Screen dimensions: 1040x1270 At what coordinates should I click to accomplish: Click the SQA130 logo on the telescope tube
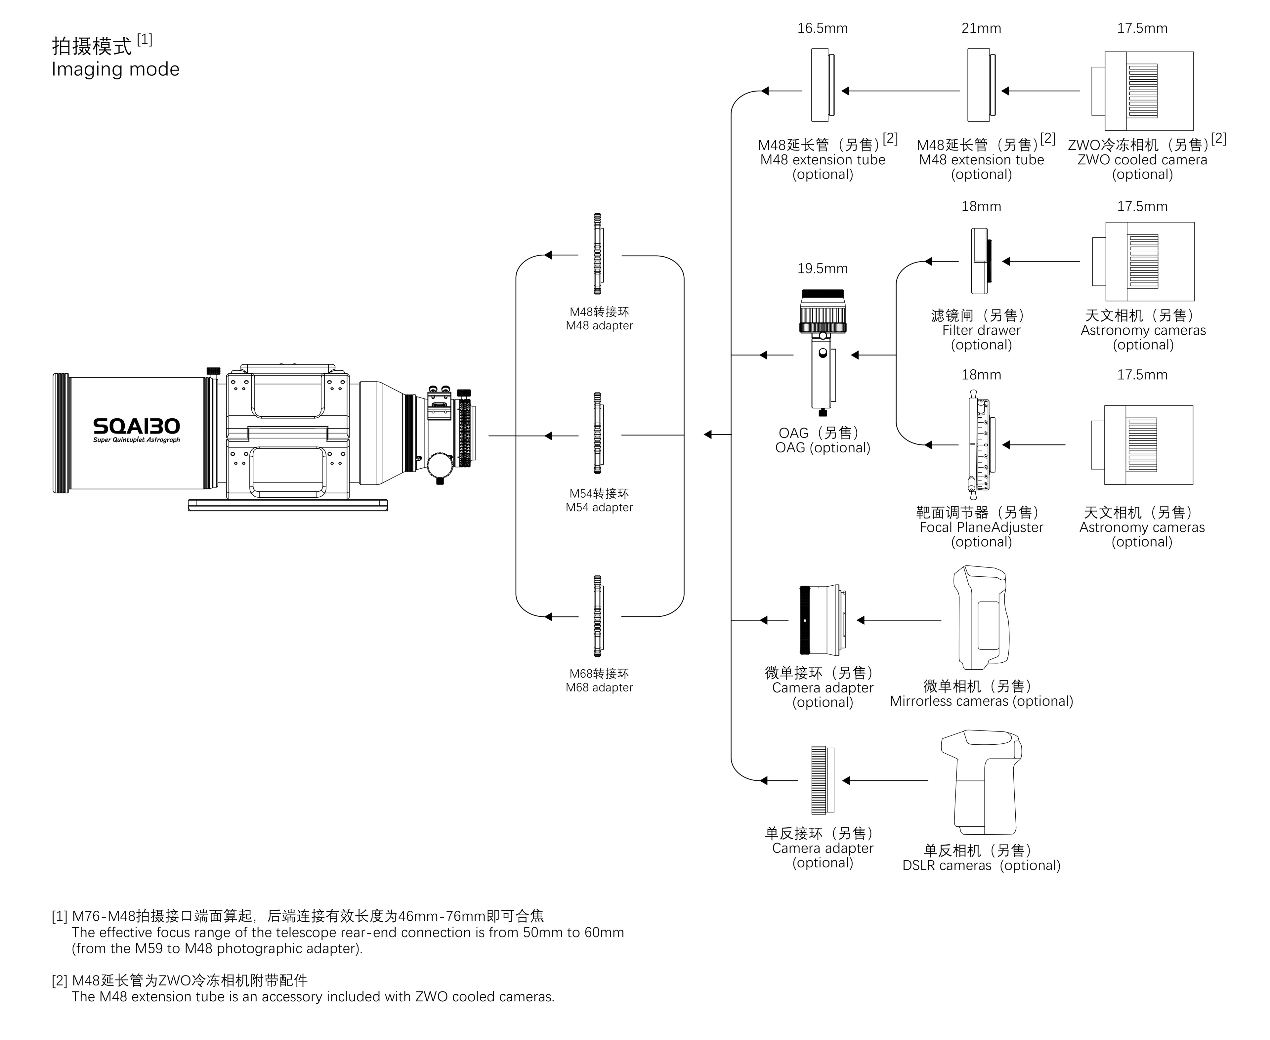137,427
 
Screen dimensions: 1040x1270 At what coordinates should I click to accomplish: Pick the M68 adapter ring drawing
597,616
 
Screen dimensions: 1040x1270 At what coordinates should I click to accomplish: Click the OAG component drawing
823,354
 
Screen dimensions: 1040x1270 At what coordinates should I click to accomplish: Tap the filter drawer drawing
981,261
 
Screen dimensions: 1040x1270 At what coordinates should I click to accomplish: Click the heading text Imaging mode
116,69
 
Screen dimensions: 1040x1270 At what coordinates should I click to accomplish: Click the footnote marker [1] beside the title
145,40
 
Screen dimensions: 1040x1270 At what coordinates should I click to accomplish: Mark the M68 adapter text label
599,687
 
